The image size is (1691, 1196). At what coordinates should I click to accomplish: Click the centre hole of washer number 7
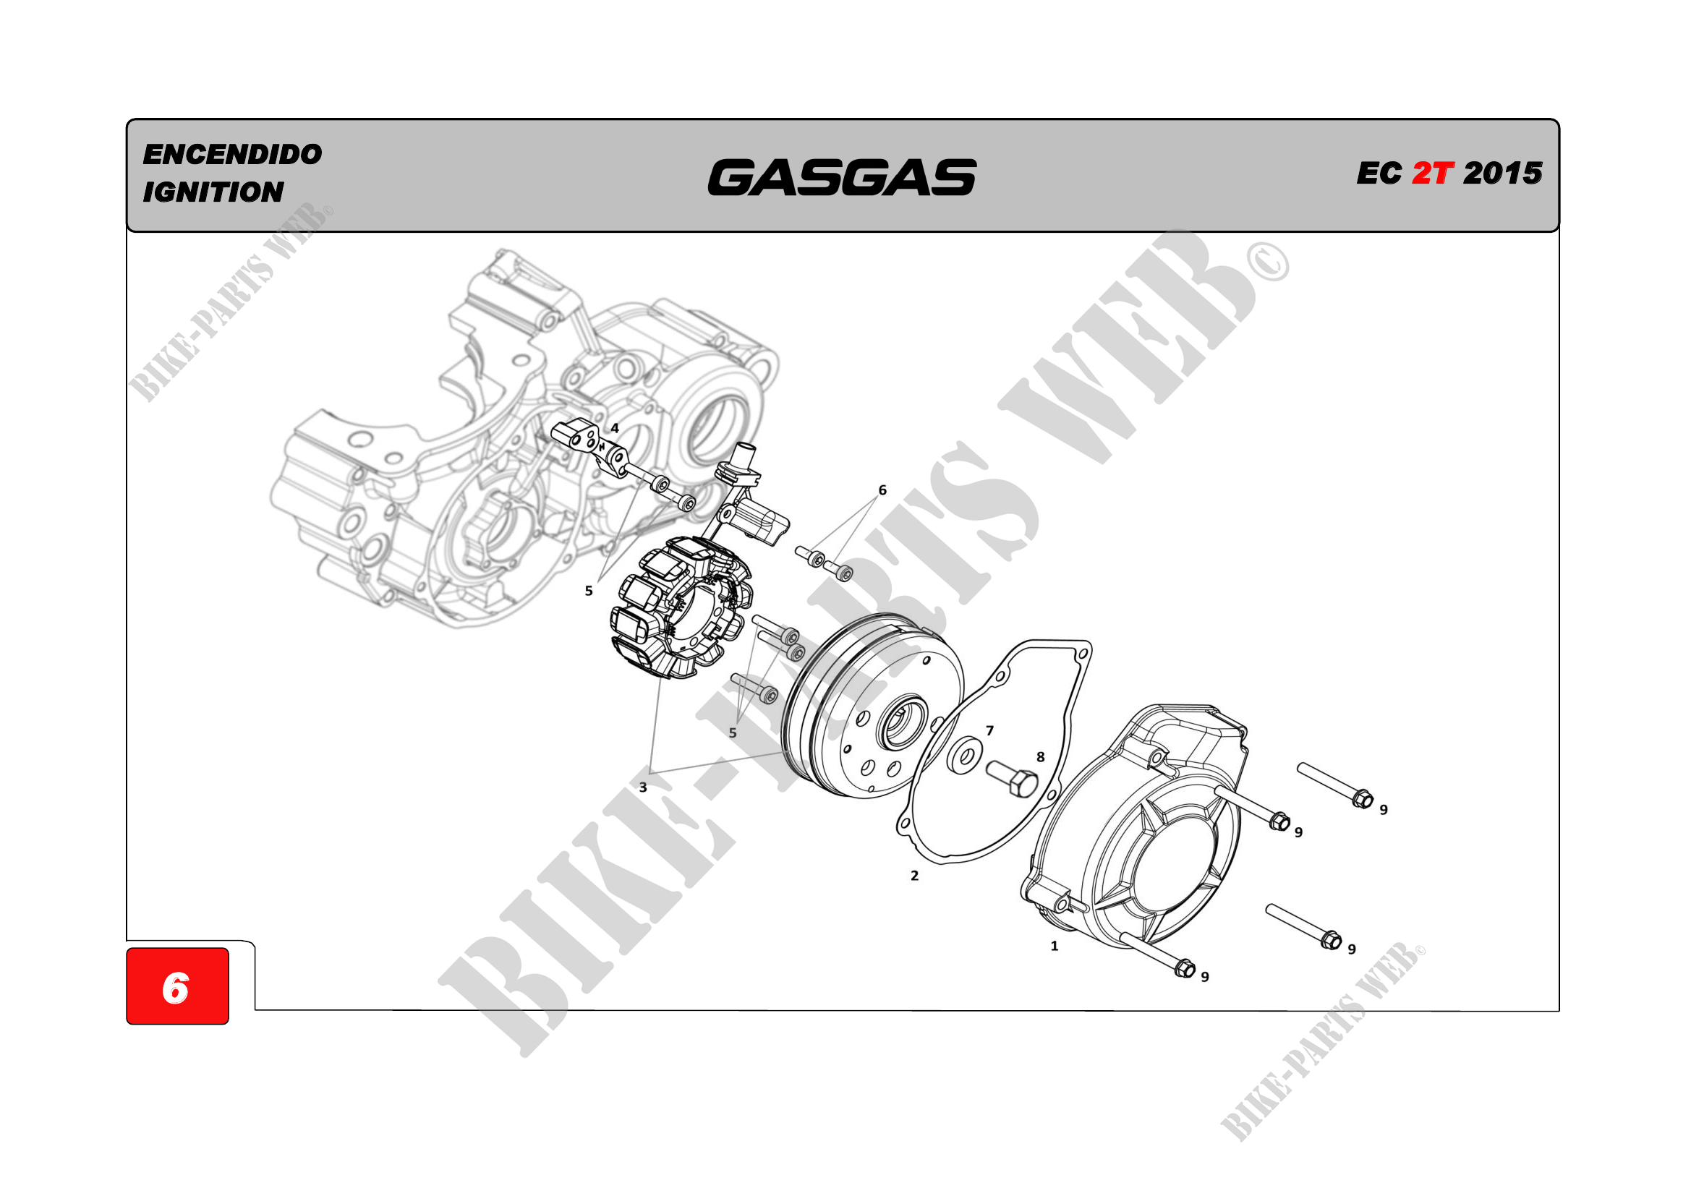click(963, 756)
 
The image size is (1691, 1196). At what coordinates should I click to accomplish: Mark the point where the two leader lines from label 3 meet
click(649, 772)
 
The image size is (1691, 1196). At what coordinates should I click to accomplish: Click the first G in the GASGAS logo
click(734, 177)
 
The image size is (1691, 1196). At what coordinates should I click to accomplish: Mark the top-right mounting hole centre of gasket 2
click(1081, 653)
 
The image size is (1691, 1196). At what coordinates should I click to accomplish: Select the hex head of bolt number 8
click(1024, 785)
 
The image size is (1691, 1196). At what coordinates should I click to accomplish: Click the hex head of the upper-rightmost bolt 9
click(1363, 798)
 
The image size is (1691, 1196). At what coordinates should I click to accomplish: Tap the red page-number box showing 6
click(177, 986)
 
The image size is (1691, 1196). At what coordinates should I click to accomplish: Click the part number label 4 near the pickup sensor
click(615, 428)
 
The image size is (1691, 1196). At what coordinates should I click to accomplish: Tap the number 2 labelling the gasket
click(915, 876)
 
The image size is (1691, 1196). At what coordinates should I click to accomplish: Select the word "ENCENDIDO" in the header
click(233, 155)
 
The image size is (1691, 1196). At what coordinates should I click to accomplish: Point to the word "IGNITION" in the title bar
click(213, 192)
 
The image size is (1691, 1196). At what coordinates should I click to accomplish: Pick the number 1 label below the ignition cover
click(1055, 946)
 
